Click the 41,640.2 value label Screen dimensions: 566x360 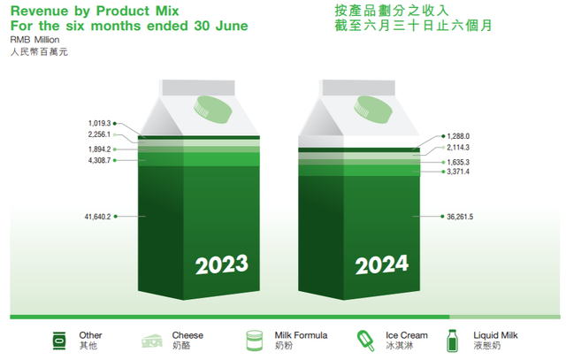pos(97,217)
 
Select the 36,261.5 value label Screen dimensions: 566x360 pos(460,217)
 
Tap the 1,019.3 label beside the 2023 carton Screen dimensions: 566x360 pos(99,124)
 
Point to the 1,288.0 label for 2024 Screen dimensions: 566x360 pos(458,136)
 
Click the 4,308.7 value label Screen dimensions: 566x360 pos(99,160)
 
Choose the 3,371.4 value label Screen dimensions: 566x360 pos(458,172)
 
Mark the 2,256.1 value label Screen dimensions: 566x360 pos(99,134)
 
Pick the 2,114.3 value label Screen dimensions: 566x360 pos(458,148)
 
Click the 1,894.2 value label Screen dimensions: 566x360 pos(99,149)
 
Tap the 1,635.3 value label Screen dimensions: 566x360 pos(458,162)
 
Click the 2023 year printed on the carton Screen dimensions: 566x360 pos(222,264)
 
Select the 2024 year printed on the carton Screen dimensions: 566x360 pos(381,264)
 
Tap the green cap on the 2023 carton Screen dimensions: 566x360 pos(212,110)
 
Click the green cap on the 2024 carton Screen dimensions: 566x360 pos(372,110)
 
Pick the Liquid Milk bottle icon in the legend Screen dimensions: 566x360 pos(452,341)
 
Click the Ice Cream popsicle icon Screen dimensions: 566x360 pos(365,341)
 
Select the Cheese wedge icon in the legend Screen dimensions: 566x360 pos(152,341)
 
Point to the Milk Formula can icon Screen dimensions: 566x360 pos(255,341)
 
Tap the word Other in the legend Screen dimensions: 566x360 pos(90,335)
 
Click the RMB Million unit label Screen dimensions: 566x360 pos(34,40)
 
